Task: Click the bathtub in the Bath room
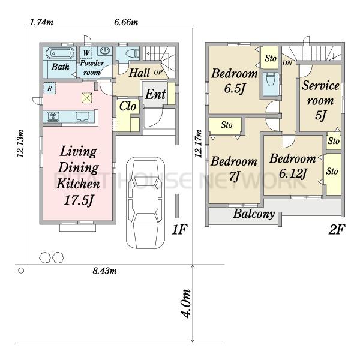tap(60, 53)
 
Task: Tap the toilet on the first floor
tap(133, 53)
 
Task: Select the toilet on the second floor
tap(271, 79)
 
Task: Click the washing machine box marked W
tap(86, 53)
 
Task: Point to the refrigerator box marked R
tap(49, 88)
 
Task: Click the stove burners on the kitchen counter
tap(53, 116)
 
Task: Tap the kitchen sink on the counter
tap(82, 116)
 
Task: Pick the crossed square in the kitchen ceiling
tap(87, 98)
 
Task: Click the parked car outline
tap(146, 203)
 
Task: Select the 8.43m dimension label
tap(104, 271)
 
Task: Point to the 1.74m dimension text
tap(41, 22)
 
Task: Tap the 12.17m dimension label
tap(199, 143)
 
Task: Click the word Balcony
tap(254, 214)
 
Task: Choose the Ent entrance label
tap(155, 94)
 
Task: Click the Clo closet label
tap(128, 106)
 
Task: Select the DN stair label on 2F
tap(287, 62)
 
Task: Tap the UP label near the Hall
tap(158, 73)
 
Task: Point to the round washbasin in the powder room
tap(105, 51)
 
